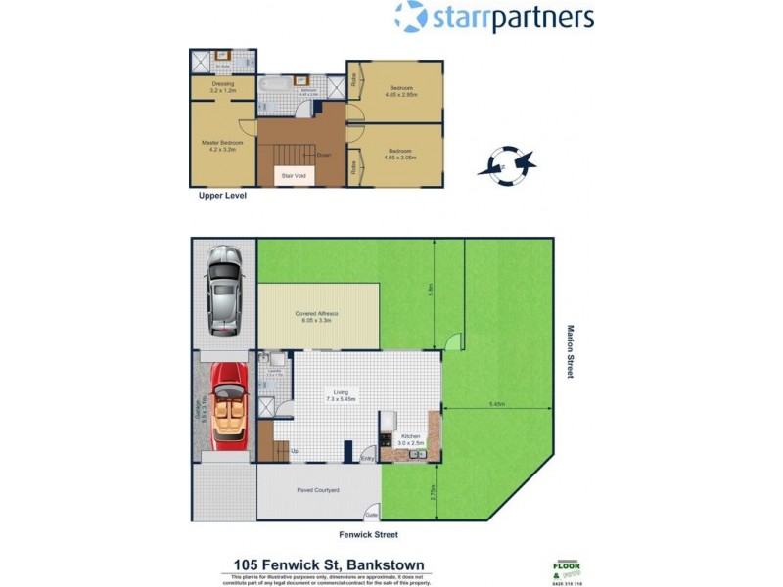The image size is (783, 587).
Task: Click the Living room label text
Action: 341,396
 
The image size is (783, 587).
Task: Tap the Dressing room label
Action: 221,86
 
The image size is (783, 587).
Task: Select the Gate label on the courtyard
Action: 372,513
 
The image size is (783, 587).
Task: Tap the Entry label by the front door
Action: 368,457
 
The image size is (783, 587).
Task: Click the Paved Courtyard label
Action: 318,490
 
